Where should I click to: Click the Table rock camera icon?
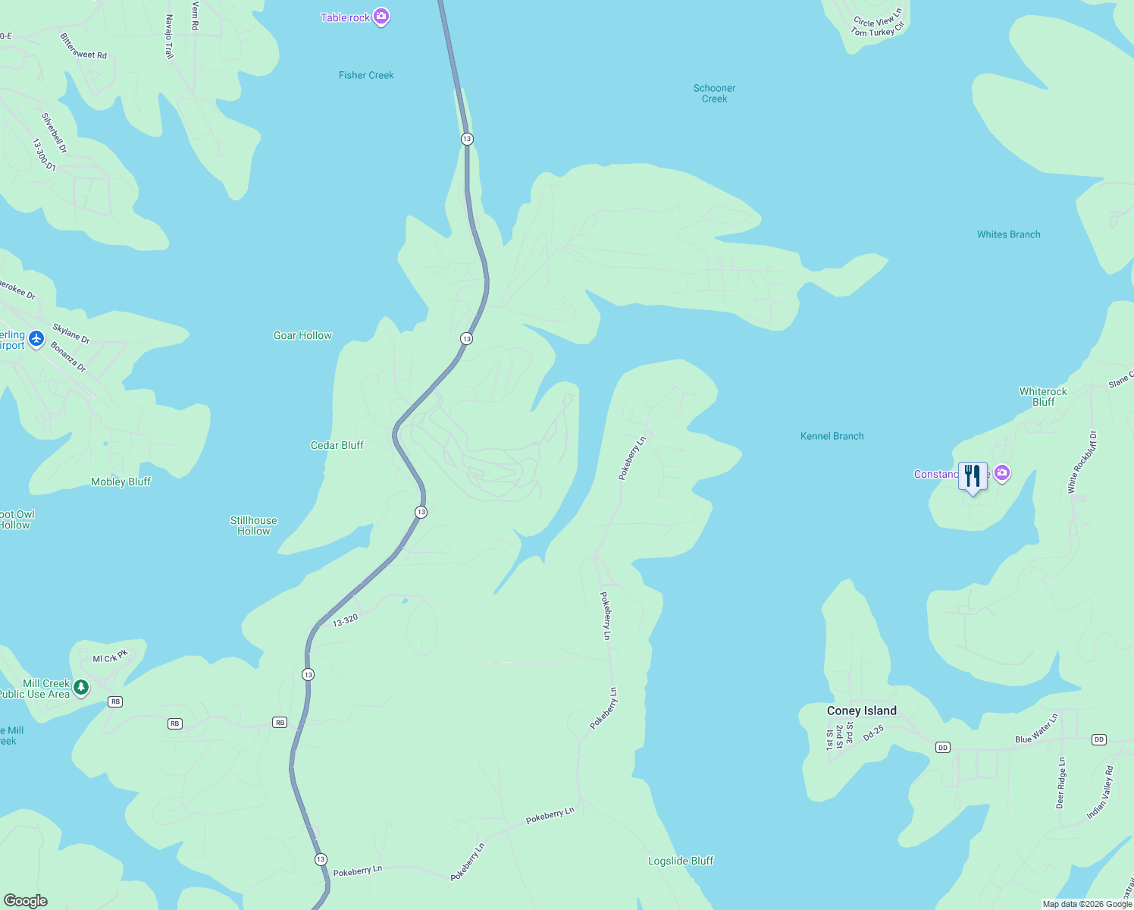pos(381,17)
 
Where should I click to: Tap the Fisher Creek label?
pos(366,75)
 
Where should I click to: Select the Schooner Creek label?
pos(714,93)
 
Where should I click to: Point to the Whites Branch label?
pos(1008,234)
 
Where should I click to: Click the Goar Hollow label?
pos(302,335)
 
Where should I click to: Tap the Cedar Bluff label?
pos(337,445)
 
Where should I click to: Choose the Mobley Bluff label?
pos(121,482)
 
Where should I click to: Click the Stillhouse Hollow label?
pos(253,526)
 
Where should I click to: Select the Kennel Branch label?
pos(832,436)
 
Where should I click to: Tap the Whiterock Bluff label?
pos(1043,397)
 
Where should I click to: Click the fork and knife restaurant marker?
pos(973,476)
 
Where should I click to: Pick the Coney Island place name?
pos(861,711)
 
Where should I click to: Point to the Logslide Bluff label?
pos(681,861)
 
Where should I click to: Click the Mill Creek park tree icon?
pos(81,687)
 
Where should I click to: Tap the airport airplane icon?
pos(36,339)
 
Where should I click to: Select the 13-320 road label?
pos(345,620)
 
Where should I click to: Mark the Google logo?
pos(26,901)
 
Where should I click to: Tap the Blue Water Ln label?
pos(1036,729)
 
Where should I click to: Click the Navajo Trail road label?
pos(169,36)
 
